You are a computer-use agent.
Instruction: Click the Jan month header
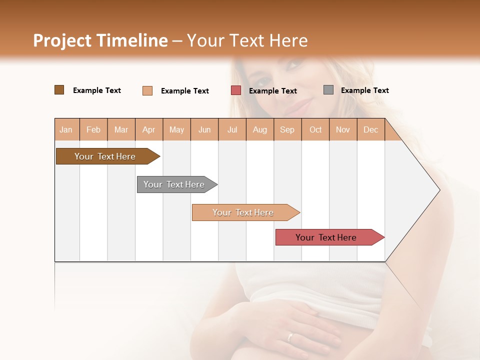click(x=66, y=129)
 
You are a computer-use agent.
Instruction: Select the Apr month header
click(x=148, y=129)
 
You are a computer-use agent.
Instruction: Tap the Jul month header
click(x=232, y=129)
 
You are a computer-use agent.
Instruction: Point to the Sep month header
click(x=287, y=129)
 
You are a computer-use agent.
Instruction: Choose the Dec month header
click(x=370, y=129)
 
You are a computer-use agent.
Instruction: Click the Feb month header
click(x=93, y=129)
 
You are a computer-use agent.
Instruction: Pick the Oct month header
click(x=315, y=129)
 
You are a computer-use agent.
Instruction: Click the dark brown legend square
click(x=59, y=90)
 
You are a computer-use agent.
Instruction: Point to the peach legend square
click(x=147, y=90)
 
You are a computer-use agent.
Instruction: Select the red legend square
click(x=236, y=90)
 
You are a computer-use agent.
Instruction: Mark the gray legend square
click(x=328, y=90)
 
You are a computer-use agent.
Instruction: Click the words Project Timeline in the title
click(x=100, y=40)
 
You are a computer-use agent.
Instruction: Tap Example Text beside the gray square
click(x=364, y=90)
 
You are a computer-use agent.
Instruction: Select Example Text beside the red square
click(x=272, y=91)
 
